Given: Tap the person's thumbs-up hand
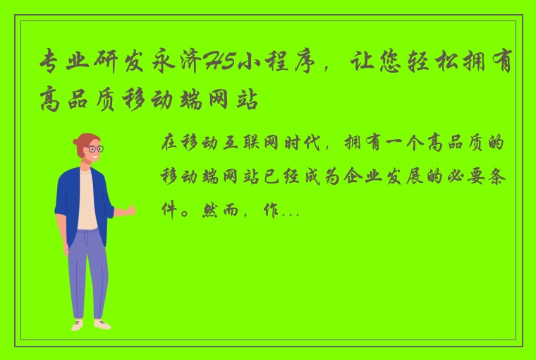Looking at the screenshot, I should [129, 210].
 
